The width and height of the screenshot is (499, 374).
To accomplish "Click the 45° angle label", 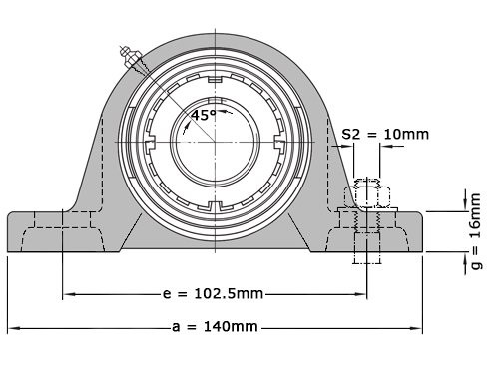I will [204, 115].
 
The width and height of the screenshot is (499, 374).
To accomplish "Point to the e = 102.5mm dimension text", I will [212, 294].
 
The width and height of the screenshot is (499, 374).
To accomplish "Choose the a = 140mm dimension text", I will [215, 327].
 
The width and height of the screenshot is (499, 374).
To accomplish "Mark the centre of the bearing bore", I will [212, 144].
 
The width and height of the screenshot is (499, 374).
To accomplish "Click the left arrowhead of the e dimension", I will [68, 294].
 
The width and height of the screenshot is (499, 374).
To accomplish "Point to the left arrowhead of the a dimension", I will [13, 327].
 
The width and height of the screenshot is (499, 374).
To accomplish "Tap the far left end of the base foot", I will [9, 232].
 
